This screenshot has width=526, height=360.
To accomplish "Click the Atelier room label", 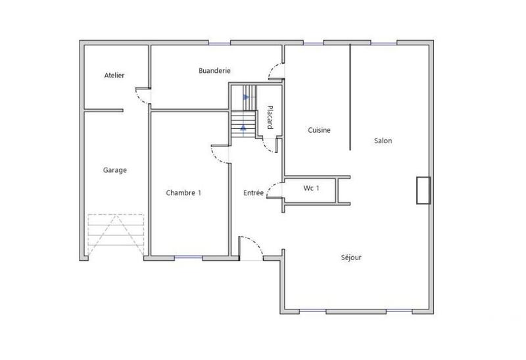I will (x=114, y=76).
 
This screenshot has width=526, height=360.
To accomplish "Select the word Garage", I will (x=114, y=170).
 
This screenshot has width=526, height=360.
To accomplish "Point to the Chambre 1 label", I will (x=183, y=193).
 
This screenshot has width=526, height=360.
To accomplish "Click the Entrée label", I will (x=254, y=193).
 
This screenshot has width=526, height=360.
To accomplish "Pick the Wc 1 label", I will (x=312, y=189).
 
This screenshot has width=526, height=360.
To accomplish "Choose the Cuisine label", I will (x=319, y=130).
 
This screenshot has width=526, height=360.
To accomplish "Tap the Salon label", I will (x=383, y=141).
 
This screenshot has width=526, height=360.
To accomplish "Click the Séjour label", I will (x=351, y=258).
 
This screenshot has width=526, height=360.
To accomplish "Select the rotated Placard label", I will (x=270, y=118).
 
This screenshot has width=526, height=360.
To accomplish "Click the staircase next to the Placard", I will (x=243, y=112).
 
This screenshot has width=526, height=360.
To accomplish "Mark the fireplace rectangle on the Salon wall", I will (x=422, y=191).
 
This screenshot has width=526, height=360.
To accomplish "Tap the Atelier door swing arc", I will (x=141, y=96).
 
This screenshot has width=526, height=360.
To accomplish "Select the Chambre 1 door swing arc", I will (x=219, y=152).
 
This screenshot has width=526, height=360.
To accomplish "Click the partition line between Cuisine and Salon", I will (x=350, y=99).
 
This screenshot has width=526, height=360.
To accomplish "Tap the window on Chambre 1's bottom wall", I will (x=189, y=258).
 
